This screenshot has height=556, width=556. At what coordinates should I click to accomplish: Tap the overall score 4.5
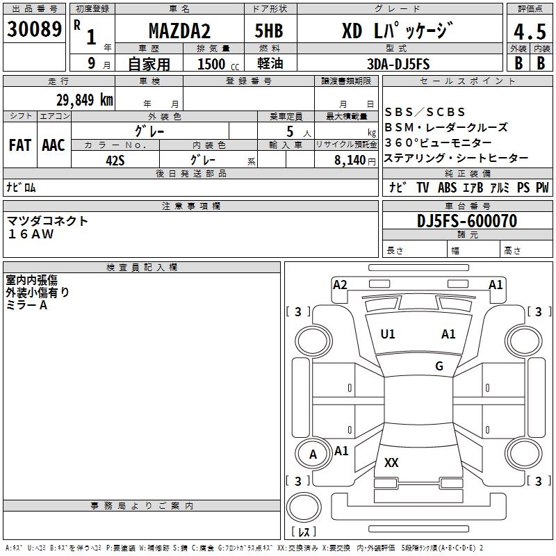coord(529,32)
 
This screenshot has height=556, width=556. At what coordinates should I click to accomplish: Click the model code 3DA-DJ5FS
coord(399,64)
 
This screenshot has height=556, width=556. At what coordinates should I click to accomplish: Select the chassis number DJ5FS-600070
coord(467,221)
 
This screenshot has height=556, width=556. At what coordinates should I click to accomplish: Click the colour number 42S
coord(115,158)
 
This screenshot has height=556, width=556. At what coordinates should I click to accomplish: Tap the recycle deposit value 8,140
coord(348,159)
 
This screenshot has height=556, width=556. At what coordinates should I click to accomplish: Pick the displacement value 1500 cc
coord(212,64)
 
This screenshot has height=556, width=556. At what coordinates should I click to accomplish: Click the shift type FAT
coord(19,145)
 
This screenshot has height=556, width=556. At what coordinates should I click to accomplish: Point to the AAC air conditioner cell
coord(54,145)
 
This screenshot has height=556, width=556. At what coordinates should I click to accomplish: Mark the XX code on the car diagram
coord(391,463)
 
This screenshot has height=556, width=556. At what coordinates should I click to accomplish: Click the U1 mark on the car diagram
coord(388,334)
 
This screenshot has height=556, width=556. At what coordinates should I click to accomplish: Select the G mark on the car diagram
coord(439,366)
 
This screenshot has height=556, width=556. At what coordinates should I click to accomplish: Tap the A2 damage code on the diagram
coord(340,284)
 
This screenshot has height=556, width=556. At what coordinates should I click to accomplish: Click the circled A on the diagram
coord(313,455)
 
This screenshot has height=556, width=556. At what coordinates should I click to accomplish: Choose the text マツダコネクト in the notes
coord(48,221)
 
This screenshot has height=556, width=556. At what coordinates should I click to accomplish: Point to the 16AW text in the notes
coord(31,234)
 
